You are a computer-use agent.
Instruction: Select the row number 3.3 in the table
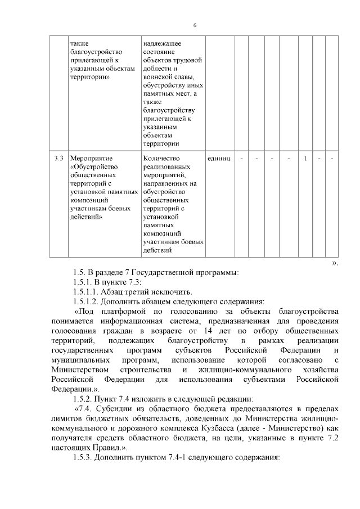click(58, 159)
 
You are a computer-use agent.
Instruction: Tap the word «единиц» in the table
click(219, 159)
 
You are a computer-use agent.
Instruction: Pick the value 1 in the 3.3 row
click(305, 159)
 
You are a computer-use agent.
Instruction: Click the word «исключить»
click(172, 291)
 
